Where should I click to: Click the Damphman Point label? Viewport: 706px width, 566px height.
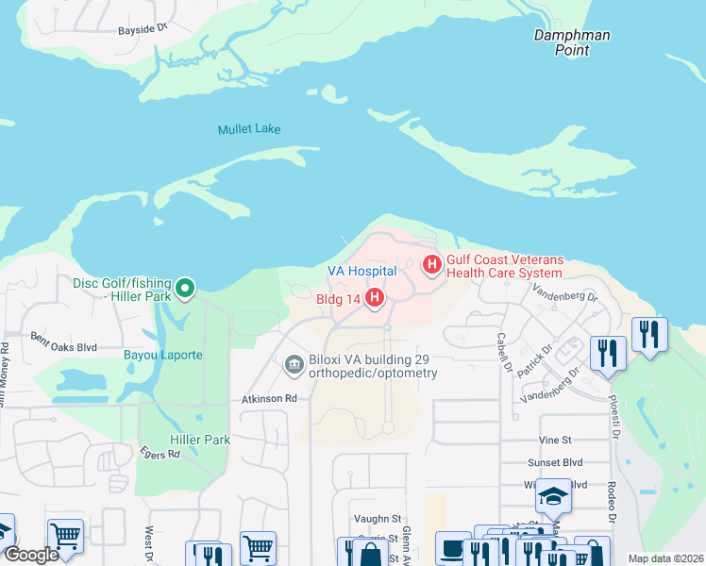[572, 42]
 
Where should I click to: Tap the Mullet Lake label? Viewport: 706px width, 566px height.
[249, 129]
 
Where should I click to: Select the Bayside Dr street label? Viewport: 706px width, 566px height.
[143, 30]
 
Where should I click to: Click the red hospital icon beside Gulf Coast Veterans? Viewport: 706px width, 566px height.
[432, 265]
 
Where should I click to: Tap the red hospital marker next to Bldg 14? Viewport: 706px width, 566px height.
[375, 299]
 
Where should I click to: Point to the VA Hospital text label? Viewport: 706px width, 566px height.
[361, 271]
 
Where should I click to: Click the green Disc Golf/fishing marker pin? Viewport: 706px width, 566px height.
[186, 288]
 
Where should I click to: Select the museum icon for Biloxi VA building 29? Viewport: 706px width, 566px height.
[294, 364]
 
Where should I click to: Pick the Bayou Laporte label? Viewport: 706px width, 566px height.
[162, 355]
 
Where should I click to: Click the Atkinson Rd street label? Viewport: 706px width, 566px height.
[271, 399]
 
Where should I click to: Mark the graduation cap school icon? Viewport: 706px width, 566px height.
[553, 496]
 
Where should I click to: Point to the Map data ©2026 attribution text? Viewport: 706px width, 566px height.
[664, 558]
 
